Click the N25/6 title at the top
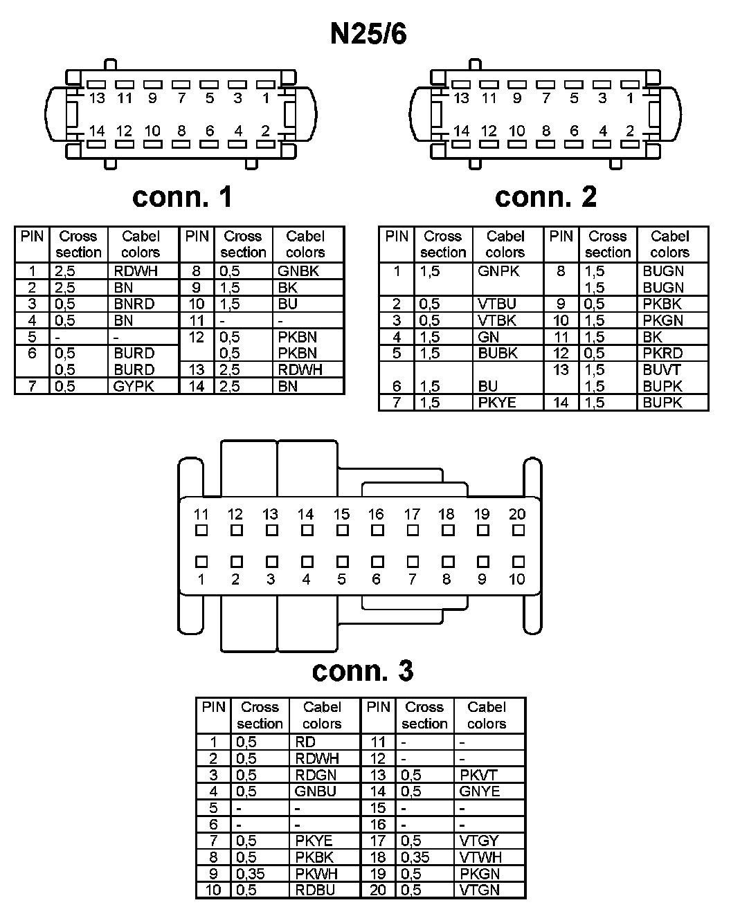(368, 33)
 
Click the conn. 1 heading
(182, 197)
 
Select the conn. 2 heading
(545, 197)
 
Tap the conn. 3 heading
(363, 670)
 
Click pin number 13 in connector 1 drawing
(97, 98)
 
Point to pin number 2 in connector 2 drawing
(630, 131)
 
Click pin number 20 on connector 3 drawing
(517, 514)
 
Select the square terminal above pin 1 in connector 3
(201, 562)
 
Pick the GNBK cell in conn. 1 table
(298, 271)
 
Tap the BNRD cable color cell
(134, 304)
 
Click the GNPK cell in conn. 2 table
(498, 271)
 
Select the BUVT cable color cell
(662, 369)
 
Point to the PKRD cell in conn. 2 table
(662, 354)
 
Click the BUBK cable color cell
(498, 354)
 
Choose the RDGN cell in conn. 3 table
(316, 775)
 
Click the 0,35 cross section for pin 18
(415, 857)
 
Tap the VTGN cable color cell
(479, 890)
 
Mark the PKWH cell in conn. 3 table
(316, 874)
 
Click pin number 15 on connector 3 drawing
(341, 514)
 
